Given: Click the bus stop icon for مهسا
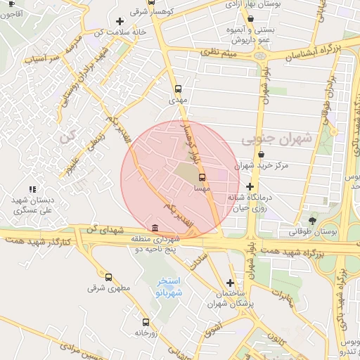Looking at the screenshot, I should click(202, 177).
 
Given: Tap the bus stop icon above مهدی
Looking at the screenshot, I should click(178, 89).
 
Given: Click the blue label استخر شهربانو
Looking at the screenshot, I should click(169, 286).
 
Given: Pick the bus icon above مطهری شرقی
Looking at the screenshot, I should click(108, 277).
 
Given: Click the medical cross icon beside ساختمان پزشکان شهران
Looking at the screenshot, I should click(230, 283).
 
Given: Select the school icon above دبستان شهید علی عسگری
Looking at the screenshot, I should click(32, 189).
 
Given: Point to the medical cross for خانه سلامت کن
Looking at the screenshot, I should click(120, 21).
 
